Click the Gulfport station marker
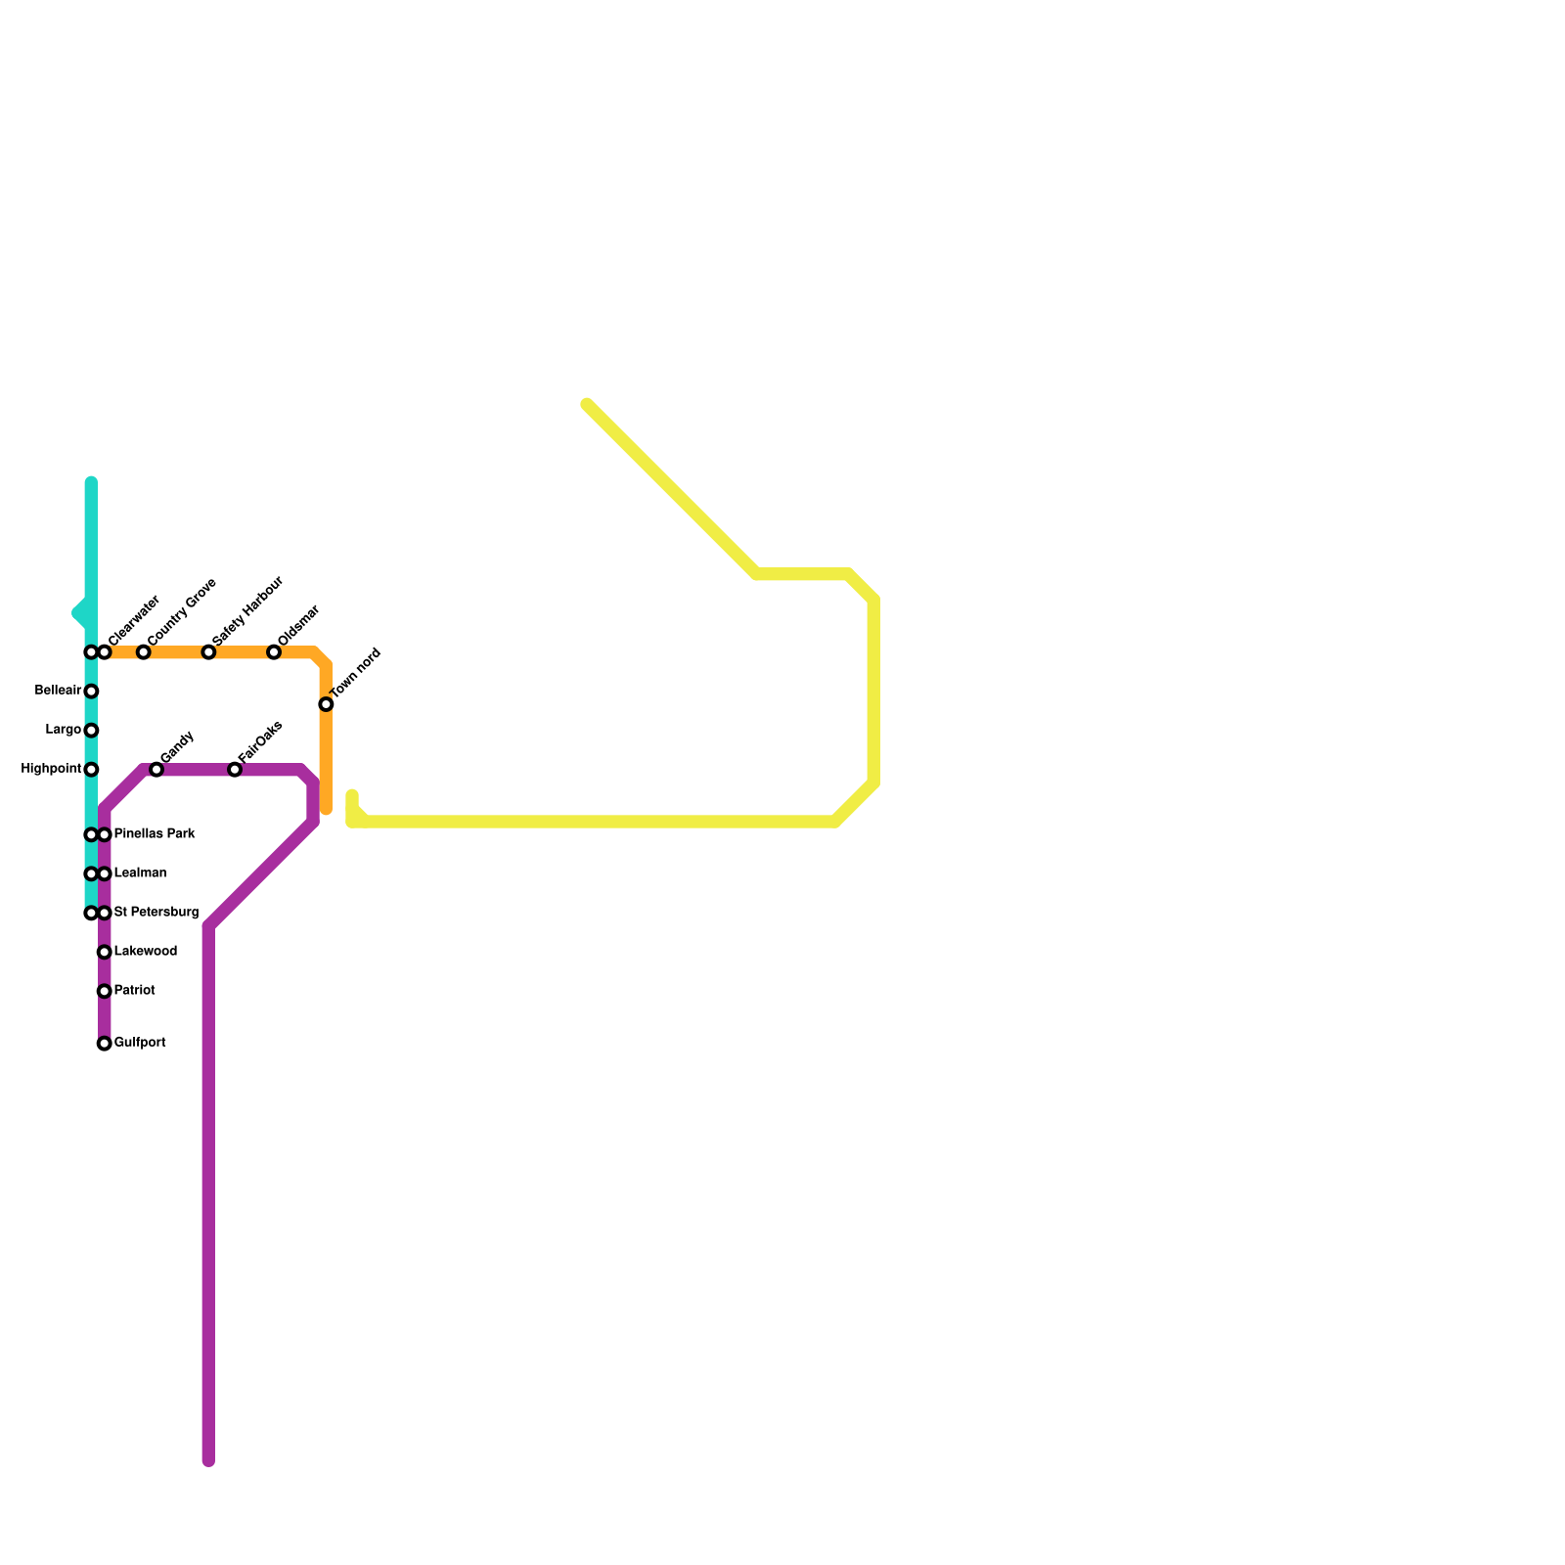pyautogui.click(x=105, y=1044)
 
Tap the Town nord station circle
pyautogui.click(x=326, y=704)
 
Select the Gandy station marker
pyautogui.click(x=156, y=770)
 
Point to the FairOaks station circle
pyautogui.click(x=235, y=770)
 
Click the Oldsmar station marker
pyautogui.click(x=274, y=652)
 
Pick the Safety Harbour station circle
pyautogui.click(x=208, y=652)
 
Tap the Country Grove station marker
pyautogui.click(x=144, y=652)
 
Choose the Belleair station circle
pyautogui.click(x=91, y=692)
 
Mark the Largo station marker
pyautogui.click(x=91, y=731)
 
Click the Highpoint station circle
pyautogui.click(x=91, y=770)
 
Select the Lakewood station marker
pyautogui.click(x=105, y=952)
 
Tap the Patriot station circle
pyautogui.click(x=105, y=991)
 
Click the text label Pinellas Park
pyautogui.click(x=155, y=834)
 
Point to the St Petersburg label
pyautogui.click(x=156, y=913)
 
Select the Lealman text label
pyautogui.click(x=140, y=873)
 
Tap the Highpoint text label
pyautogui.click(x=51, y=770)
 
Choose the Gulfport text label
pyautogui.click(x=140, y=1044)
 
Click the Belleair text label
pyautogui.click(x=58, y=692)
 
